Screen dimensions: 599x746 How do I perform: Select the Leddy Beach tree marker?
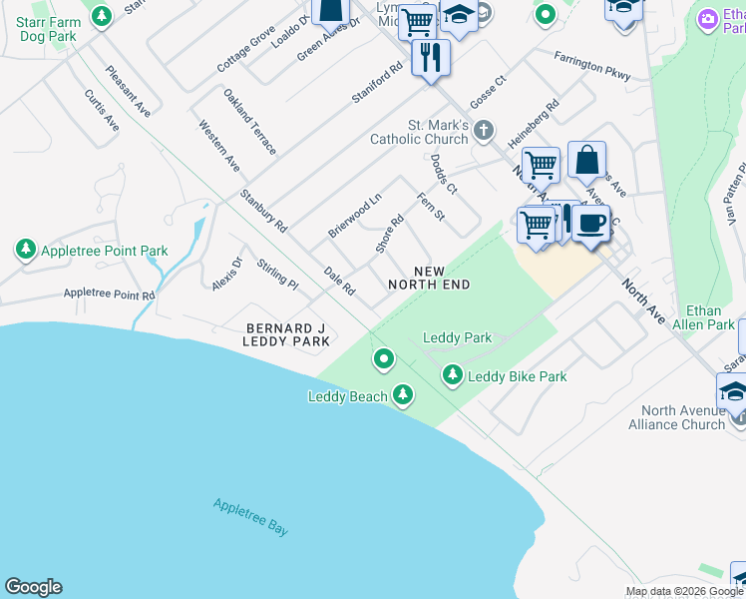click(x=403, y=395)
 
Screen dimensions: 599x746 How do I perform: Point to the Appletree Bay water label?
click(x=250, y=516)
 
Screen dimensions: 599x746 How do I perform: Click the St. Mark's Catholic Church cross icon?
click(x=484, y=131)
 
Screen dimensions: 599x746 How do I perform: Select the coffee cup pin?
click(x=591, y=223)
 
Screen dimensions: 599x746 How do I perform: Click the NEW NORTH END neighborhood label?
click(x=429, y=278)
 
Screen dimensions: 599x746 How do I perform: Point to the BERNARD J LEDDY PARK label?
click(x=286, y=334)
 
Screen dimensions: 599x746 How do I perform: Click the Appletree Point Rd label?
click(x=109, y=295)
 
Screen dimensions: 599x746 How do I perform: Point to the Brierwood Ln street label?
click(x=355, y=216)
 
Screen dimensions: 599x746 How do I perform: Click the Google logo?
click(x=33, y=587)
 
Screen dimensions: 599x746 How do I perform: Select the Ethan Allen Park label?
click(x=704, y=317)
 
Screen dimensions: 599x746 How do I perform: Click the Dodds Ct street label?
click(x=444, y=174)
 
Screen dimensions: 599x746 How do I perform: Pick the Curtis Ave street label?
click(x=102, y=111)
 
